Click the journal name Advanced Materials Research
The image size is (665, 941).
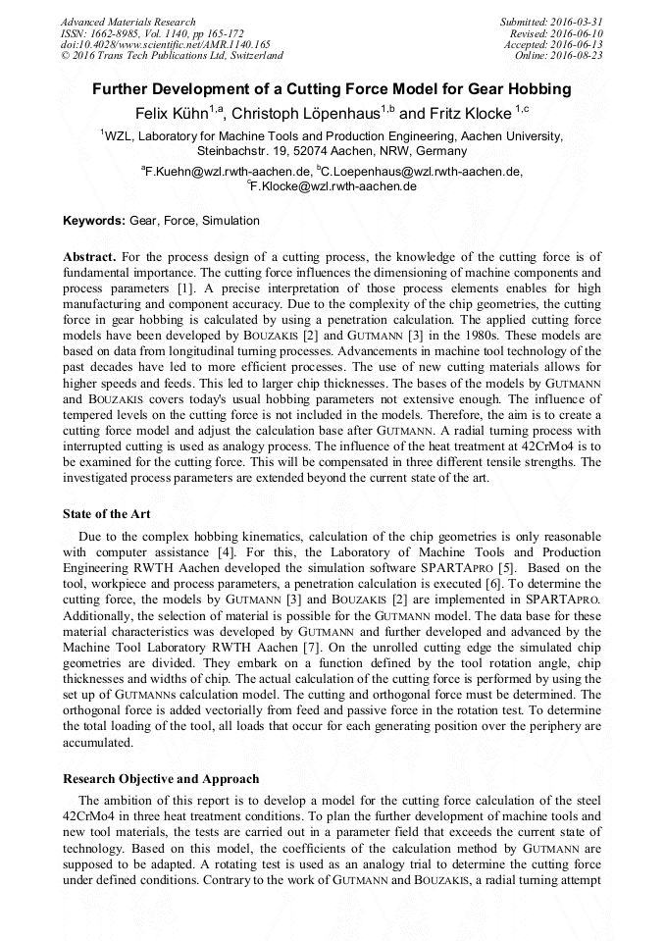(128, 22)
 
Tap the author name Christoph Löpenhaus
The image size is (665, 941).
(308, 113)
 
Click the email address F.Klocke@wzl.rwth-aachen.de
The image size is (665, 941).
(334, 186)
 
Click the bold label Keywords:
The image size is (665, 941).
(94, 221)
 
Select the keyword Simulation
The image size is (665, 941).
(230, 221)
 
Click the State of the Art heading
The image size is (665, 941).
(106, 513)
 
